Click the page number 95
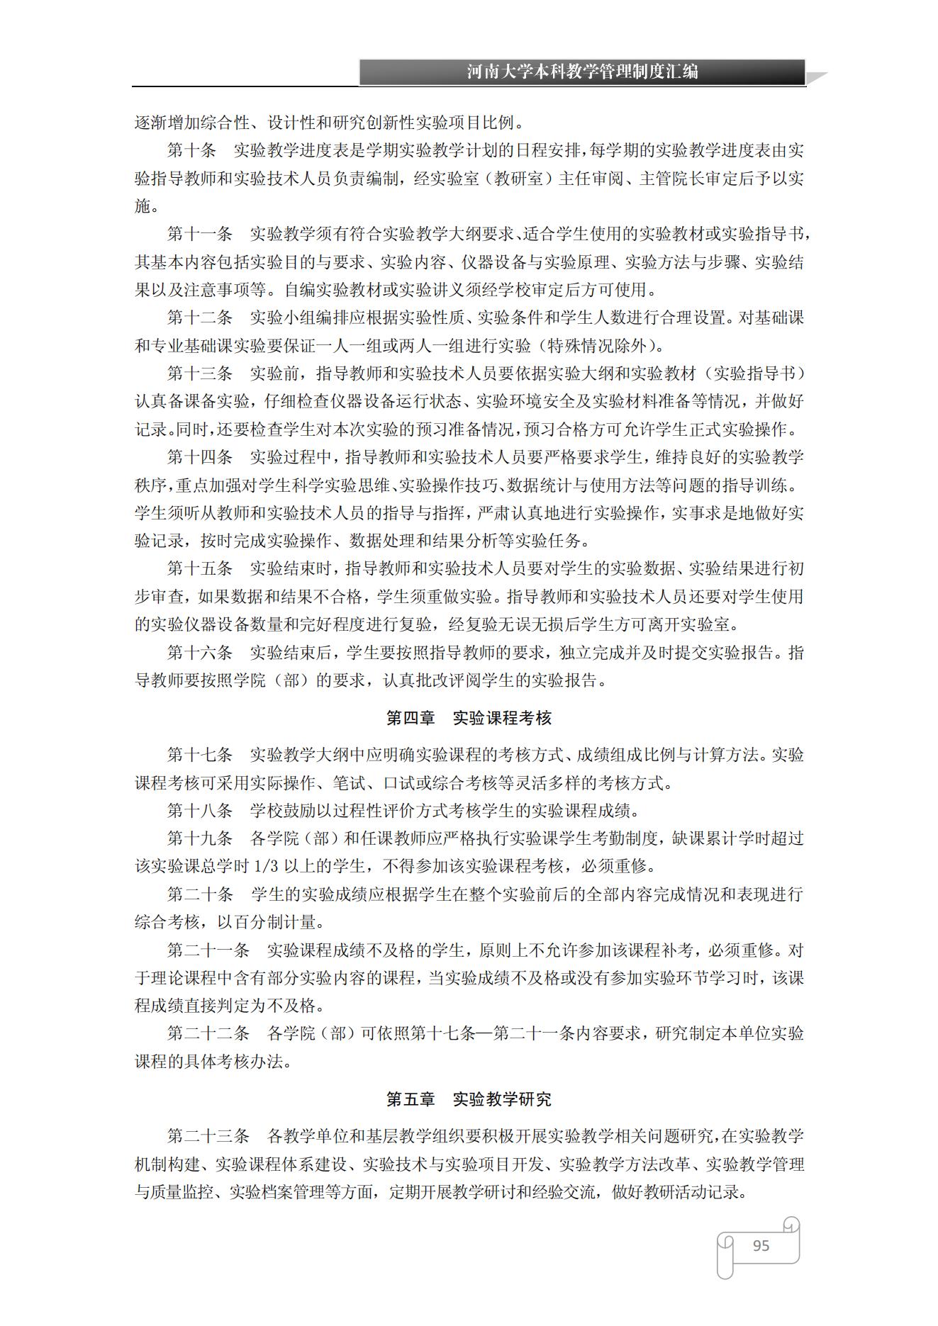[761, 1245]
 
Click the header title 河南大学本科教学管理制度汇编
[582, 72]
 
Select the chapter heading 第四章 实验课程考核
[469, 718]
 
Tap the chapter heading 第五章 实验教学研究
[469, 1099]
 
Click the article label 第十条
[191, 150]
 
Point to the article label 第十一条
[200, 234]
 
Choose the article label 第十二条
[200, 318]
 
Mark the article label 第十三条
[200, 373]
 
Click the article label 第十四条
[200, 457]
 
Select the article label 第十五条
[200, 568]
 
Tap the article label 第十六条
[200, 652]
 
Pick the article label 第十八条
[200, 810]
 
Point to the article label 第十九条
[200, 838]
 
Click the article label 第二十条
[200, 894]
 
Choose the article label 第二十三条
[208, 1136]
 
